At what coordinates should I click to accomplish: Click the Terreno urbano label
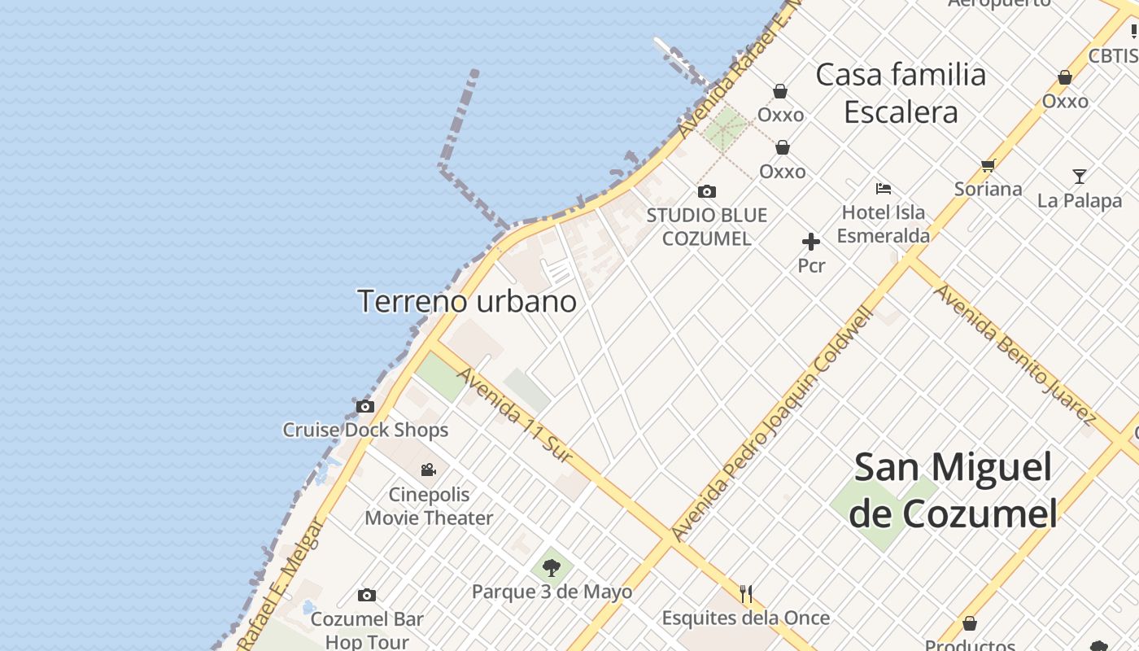pyautogui.click(x=468, y=301)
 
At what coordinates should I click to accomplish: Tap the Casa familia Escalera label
pyautogui.click(x=901, y=93)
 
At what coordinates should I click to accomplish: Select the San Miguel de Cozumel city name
pyautogui.click(x=954, y=491)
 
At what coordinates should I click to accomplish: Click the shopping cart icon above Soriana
pyautogui.click(x=988, y=165)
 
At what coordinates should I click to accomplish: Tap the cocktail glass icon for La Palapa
pyautogui.click(x=1079, y=176)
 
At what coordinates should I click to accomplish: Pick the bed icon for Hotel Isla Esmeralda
pyautogui.click(x=884, y=189)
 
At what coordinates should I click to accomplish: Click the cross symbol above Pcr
pyautogui.click(x=811, y=242)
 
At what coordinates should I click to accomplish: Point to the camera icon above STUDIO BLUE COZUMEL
pyautogui.click(x=707, y=192)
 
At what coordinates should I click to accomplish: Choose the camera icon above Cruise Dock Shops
pyautogui.click(x=365, y=406)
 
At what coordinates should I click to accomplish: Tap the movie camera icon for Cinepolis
pyautogui.click(x=428, y=470)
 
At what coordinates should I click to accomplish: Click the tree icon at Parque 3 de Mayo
pyautogui.click(x=552, y=566)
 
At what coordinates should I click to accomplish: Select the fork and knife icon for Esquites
pyautogui.click(x=746, y=594)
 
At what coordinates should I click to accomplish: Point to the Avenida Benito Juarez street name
pyautogui.click(x=1014, y=354)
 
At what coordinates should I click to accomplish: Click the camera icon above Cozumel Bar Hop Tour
pyautogui.click(x=367, y=595)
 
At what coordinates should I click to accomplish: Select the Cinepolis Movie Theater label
pyautogui.click(x=429, y=506)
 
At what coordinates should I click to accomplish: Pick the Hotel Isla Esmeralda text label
pyautogui.click(x=884, y=224)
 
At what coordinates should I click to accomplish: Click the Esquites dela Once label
pyautogui.click(x=745, y=618)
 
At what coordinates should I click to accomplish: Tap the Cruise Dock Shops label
pyautogui.click(x=365, y=430)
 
